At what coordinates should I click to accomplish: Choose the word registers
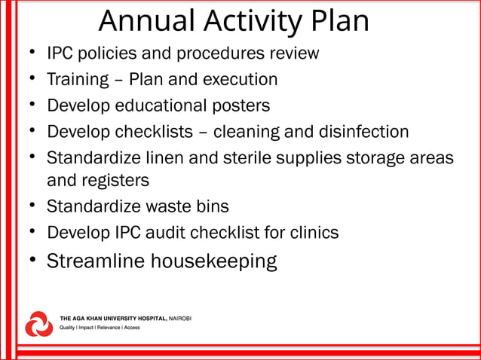pos(115,181)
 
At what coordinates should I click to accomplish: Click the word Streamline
pos(96,261)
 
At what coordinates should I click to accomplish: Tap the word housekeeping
pos(214,262)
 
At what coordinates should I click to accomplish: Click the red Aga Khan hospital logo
pos(39,323)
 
